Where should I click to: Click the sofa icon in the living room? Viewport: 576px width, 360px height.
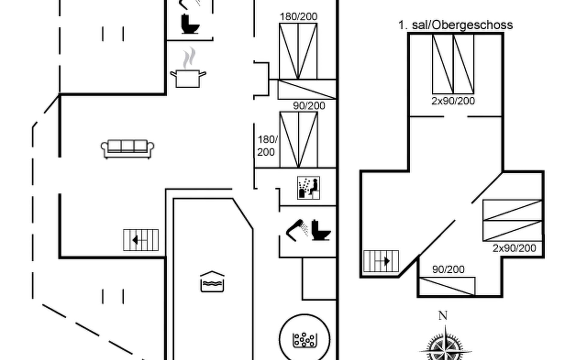tap(127, 149)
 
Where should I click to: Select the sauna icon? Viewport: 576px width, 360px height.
tap(308, 188)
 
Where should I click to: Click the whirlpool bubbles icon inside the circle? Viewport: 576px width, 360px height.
tap(304, 340)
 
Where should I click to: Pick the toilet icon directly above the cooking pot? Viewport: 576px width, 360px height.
tap(190, 24)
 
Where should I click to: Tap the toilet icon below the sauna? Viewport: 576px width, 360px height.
tap(321, 230)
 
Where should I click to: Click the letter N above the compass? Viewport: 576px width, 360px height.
tap(443, 316)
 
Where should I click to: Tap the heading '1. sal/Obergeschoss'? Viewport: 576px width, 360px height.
tap(455, 25)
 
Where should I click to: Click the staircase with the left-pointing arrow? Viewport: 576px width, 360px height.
tap(141, 240)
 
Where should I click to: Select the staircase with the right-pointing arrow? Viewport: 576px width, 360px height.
tap(381, 261)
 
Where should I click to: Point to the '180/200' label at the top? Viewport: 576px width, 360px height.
tap(298, 16)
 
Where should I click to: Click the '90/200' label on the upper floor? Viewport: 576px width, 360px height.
tap(448, 269)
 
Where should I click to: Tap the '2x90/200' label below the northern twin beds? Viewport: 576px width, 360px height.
tap(453, 101)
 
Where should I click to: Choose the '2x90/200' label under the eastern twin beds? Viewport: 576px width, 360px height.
tap(514, 248)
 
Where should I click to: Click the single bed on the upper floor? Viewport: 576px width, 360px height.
tap(447, 286)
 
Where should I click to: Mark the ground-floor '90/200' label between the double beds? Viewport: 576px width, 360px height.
tap(309, 106)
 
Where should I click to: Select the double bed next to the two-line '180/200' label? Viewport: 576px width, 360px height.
tap(298, 139)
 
